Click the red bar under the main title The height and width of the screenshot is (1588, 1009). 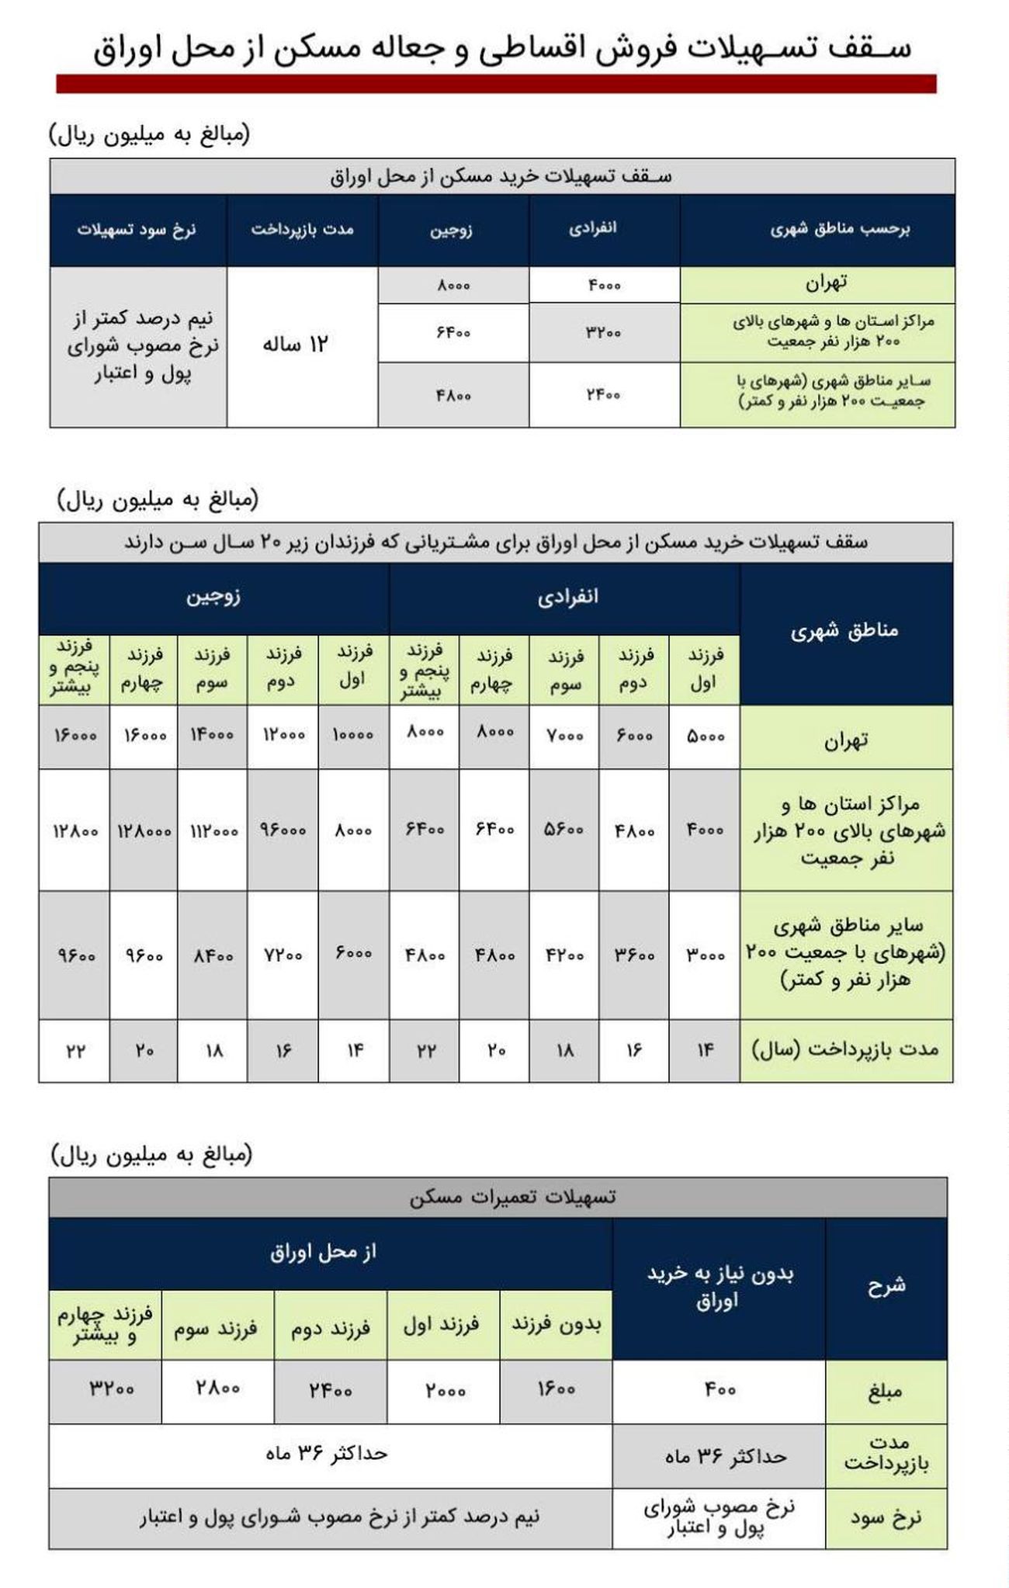point(496,84)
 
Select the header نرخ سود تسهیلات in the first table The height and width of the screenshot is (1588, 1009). point(137,230)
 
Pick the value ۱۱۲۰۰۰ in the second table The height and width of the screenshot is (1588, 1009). point(212,830)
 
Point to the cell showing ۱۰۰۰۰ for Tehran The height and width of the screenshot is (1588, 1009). point(353,736)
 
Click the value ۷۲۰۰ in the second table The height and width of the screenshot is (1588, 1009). point(283,955)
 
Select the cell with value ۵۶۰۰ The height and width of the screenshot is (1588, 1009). point(564,830)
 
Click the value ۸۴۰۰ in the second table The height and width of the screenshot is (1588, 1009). point(212,955)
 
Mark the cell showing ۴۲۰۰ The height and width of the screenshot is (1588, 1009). point(564,955)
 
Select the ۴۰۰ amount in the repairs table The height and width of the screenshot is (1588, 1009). point(719,1390)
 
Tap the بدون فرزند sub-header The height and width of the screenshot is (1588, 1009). point(556,1325)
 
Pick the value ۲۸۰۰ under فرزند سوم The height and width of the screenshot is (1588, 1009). point(217,1389)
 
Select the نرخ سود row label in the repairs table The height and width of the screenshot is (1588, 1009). point(886,1518)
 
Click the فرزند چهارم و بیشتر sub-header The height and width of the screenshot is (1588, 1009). point(106,1325)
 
